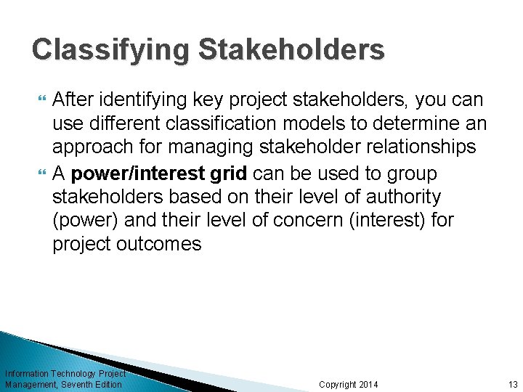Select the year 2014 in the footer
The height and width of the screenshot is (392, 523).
pyautogui.click(x=368, y=384)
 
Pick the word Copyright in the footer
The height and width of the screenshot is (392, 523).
pyautogui.click(x=337, y=384)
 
